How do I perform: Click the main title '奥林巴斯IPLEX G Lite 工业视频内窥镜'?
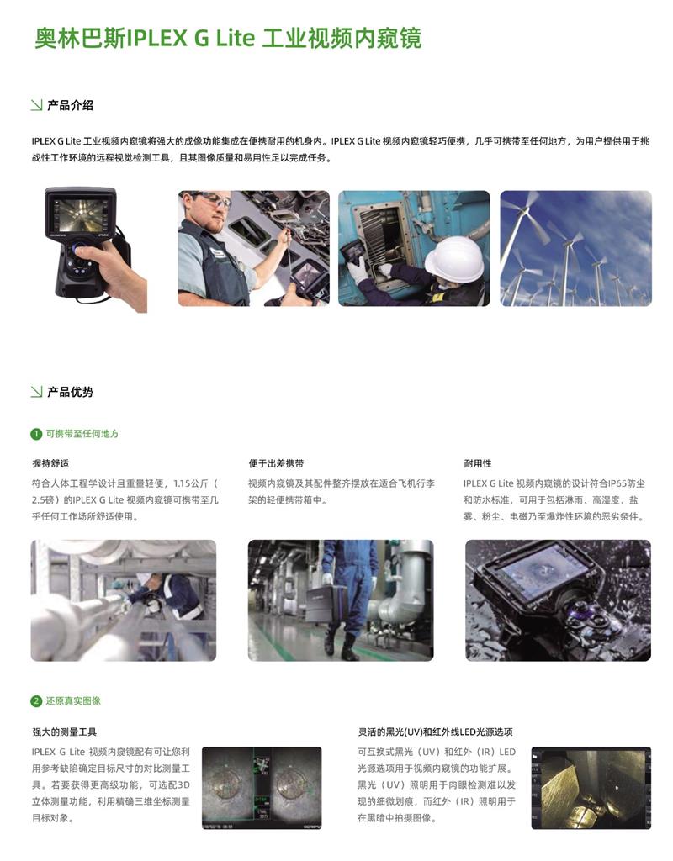[x=228, y=39]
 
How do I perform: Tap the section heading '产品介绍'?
[x=71, y=105]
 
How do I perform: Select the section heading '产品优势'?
[x=71, y=392]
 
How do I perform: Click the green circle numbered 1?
[x=36, y=434]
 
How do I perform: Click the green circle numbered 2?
[x=36, y=700]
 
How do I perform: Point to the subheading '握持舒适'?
[x=50, y=463]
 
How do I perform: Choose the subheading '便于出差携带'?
[x=276, y=463]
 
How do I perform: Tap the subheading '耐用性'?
[x=478, y=463]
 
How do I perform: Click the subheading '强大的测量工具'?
[x=64, y=732]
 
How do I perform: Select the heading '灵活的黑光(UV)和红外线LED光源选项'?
[x=435, y=732]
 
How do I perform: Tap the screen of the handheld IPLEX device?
[x=80, y=214]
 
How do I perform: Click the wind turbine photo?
[x=575, y=248]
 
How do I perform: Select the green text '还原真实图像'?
[x=73, y=700]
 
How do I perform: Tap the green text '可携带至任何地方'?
[x=82, y=434]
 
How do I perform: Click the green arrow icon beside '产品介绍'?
[x=36, y=105]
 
